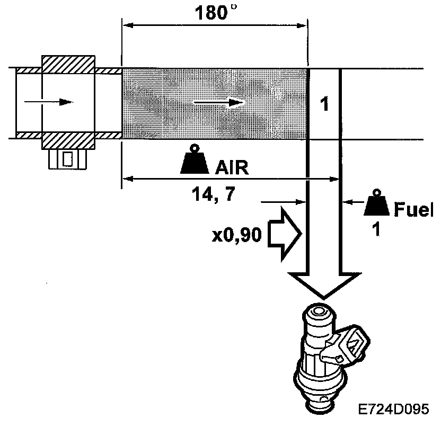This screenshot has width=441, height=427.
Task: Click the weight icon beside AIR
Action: [195, 161]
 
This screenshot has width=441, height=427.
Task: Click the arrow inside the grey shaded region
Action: [218, 102]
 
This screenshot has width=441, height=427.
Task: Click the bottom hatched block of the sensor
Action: [68, 140]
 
